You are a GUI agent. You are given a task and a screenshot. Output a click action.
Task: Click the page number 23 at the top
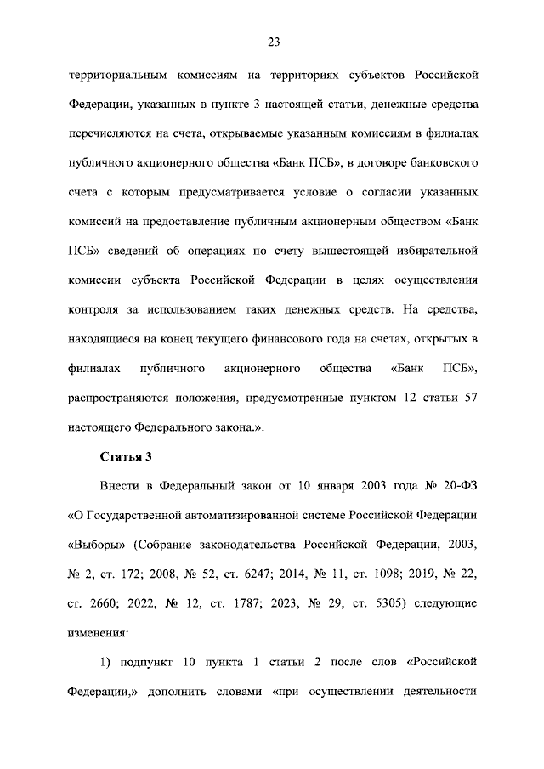click(x=272, y=42)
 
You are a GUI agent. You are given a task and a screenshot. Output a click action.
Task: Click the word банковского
click(x=437, y=163)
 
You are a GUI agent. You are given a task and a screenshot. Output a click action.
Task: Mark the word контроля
click(x=93, y=310)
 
